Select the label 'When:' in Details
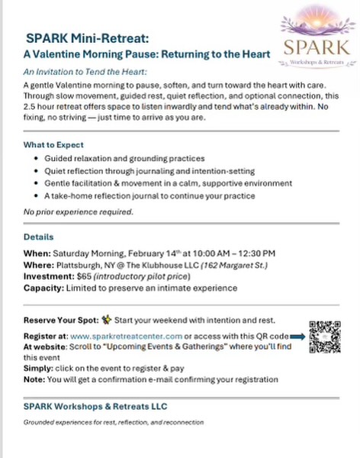point(37,253)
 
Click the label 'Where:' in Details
point(39,264)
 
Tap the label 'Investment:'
point(48,276)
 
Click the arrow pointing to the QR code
point(299,335)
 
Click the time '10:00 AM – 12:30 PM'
point(227,253)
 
